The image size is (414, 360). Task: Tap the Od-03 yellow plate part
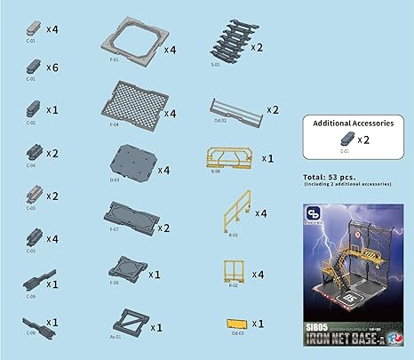tap(236, 324)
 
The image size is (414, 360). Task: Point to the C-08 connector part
tap(36, 322)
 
